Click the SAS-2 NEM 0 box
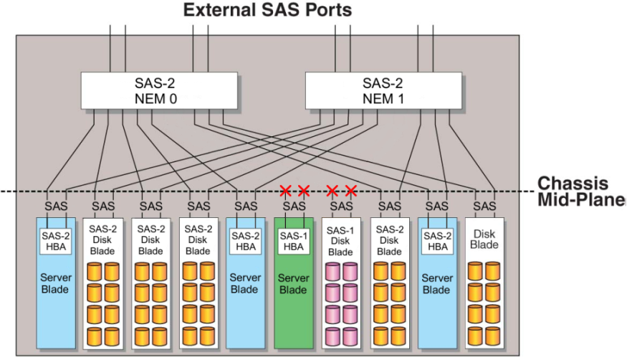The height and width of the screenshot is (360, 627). coord(159,90)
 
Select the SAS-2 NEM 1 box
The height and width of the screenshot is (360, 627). coord(383,90)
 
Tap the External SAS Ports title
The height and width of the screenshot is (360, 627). coord(267,9)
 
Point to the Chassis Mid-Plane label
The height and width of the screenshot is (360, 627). coord(580,191)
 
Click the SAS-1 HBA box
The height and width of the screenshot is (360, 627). coord(294,241)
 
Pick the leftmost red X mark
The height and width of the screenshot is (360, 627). coord(285,191)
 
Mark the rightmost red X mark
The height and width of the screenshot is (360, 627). coord(350,191)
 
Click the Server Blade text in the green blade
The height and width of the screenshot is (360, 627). coord(294,283)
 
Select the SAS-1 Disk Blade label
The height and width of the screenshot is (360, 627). coord(340,241)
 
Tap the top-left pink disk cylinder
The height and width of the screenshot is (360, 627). coord(332,272)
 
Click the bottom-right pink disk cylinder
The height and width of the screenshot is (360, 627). coord(350,336)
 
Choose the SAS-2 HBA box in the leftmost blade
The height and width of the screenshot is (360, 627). coord(56,241)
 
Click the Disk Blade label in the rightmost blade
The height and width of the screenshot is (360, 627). coord(484,240)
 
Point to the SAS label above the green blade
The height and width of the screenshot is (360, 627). coord(295,207)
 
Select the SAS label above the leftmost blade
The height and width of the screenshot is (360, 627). coord(56,207)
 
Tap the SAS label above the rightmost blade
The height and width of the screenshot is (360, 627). coord(484,207)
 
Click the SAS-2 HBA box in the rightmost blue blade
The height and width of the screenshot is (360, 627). coord(437,241)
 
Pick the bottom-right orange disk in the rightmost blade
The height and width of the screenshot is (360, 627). coord(493,336)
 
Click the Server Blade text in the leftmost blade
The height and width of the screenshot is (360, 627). coord(56,283)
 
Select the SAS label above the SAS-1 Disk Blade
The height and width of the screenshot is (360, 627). coord(341,207)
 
